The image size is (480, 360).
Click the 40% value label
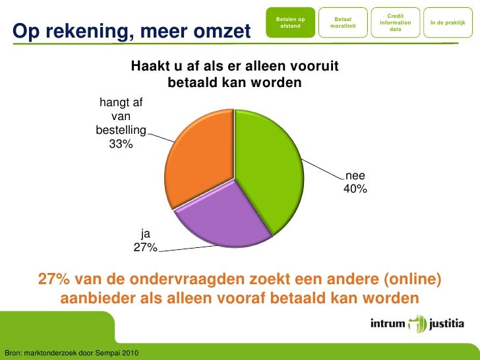355,189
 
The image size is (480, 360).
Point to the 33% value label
121,144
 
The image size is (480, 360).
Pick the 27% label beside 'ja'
145,247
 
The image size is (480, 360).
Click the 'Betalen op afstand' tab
290,23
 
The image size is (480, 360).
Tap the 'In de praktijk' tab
448,23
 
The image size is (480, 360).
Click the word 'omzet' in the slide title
218,31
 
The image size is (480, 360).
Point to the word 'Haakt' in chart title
150,67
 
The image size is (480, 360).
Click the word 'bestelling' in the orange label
121,129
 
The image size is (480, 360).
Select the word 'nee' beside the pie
355,176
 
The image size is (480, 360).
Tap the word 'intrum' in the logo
388,324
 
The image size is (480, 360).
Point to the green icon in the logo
418,324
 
